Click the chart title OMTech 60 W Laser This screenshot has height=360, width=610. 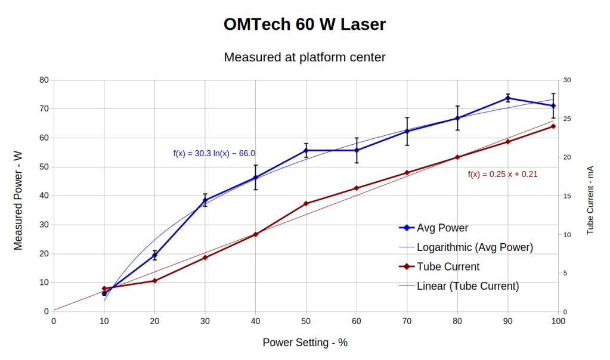click(x=305, y=24)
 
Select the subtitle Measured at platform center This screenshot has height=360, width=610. click(x=305, y=57)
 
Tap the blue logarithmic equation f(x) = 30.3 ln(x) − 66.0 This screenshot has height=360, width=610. click(x=214, y=153)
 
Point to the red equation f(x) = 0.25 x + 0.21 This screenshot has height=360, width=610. click(x=502, y=174)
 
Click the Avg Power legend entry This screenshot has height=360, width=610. click(x=442, y=228)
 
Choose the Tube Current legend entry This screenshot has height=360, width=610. click(x=448, y=266)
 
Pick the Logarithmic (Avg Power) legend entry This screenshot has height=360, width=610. click(x=475, y=247)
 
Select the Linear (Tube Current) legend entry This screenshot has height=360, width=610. click(x=467, y=286)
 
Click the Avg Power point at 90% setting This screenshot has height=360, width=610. click(x=508, y=98)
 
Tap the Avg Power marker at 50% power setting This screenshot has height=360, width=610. click(x=306, y=150)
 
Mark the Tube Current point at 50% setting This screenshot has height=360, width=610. click(x=306, y=204)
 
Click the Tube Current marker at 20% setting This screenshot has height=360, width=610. click(x=155, y=281)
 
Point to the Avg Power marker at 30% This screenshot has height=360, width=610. click(x=205, y=200)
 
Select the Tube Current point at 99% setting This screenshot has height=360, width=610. click(x=553, y=126)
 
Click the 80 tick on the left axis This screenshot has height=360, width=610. click(x=44, y=80)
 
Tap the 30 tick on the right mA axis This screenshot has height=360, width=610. click(x=567, y=80)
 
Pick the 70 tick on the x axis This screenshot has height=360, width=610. click(x=407, y=321)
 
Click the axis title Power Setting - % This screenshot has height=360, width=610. click(x=305, y=343)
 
